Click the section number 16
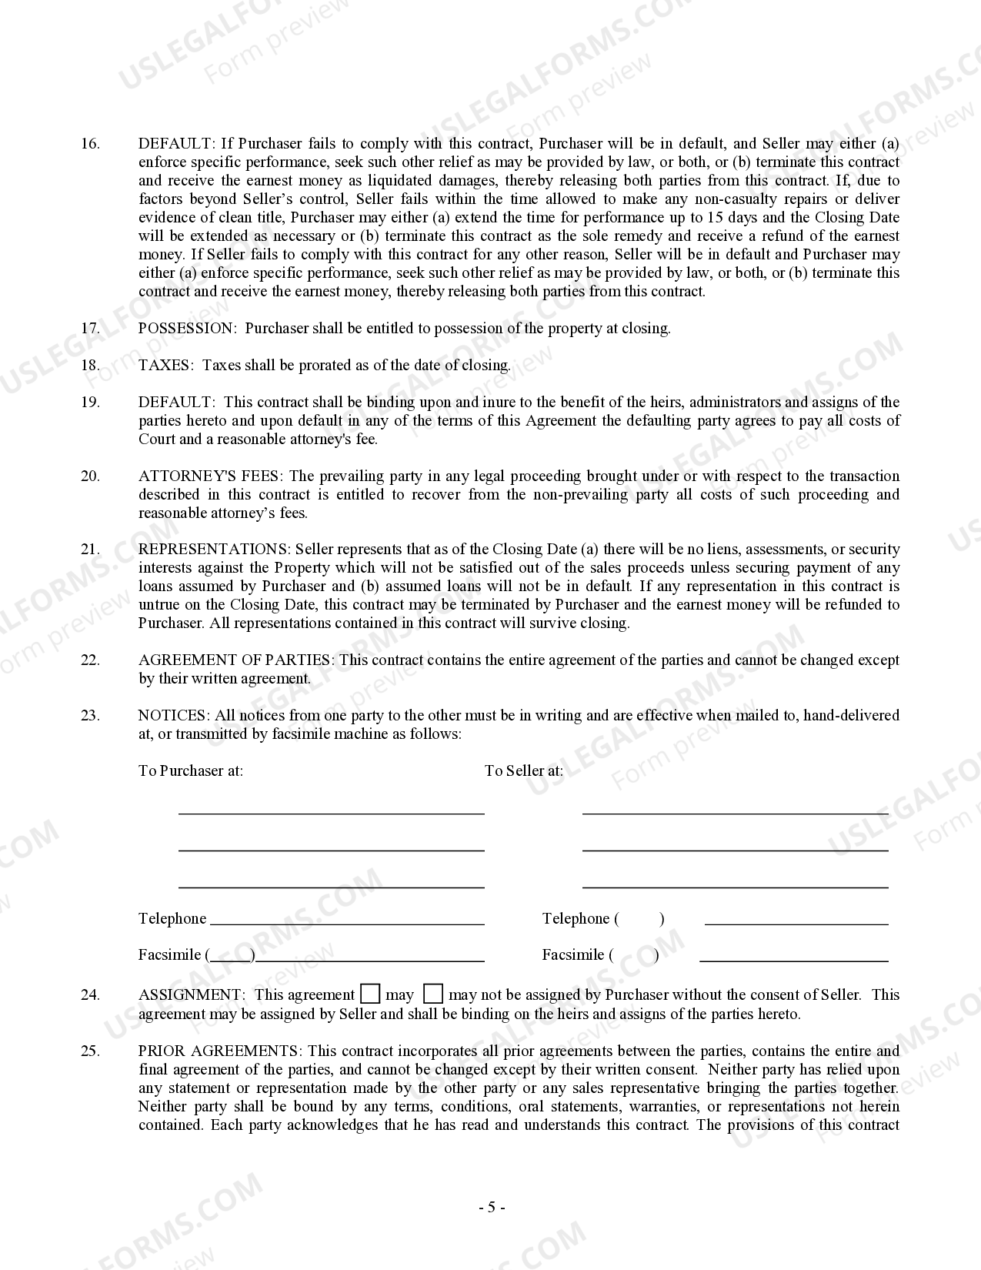[90, 144]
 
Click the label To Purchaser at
[191, 771]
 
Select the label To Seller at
[524, 771]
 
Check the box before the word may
[371, 994]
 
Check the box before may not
[433, 994]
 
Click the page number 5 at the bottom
[491, 1208]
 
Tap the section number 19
[90, 403]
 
